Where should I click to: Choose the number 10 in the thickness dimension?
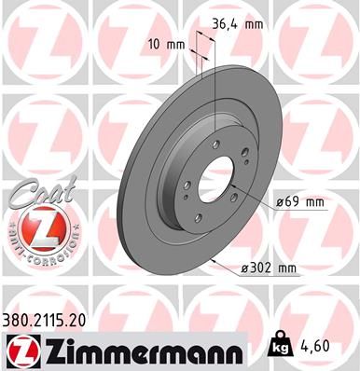(x=153, y=45)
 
